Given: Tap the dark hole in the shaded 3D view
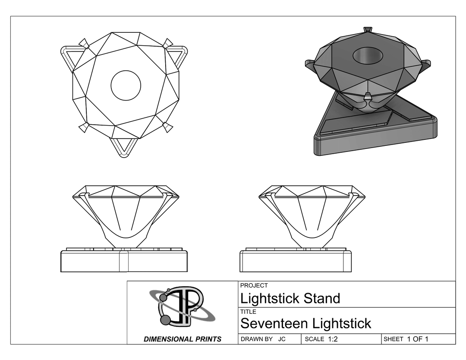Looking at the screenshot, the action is [368, 55].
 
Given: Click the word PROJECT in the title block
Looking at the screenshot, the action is [254, 285].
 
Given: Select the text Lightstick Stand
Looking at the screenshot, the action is [290, 298].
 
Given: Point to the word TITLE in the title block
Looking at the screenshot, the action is [248, 312].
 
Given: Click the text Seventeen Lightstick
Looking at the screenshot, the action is [305, 323].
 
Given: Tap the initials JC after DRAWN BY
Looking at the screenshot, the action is [282, 339].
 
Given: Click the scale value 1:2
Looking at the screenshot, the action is [333, 339].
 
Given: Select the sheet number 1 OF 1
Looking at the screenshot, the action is [418, 339].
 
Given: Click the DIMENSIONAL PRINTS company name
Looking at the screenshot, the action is [183, 339].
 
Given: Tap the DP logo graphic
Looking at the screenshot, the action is [182, 306].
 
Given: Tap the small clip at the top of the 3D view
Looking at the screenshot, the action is [368, 30].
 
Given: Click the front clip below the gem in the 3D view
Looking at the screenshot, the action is [368, 96].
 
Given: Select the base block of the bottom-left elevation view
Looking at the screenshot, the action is [124, 261].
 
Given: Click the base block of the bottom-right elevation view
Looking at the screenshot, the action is [296, 261].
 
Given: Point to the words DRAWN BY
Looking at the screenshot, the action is [256, 339].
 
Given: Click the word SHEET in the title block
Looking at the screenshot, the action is [393, 339].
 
